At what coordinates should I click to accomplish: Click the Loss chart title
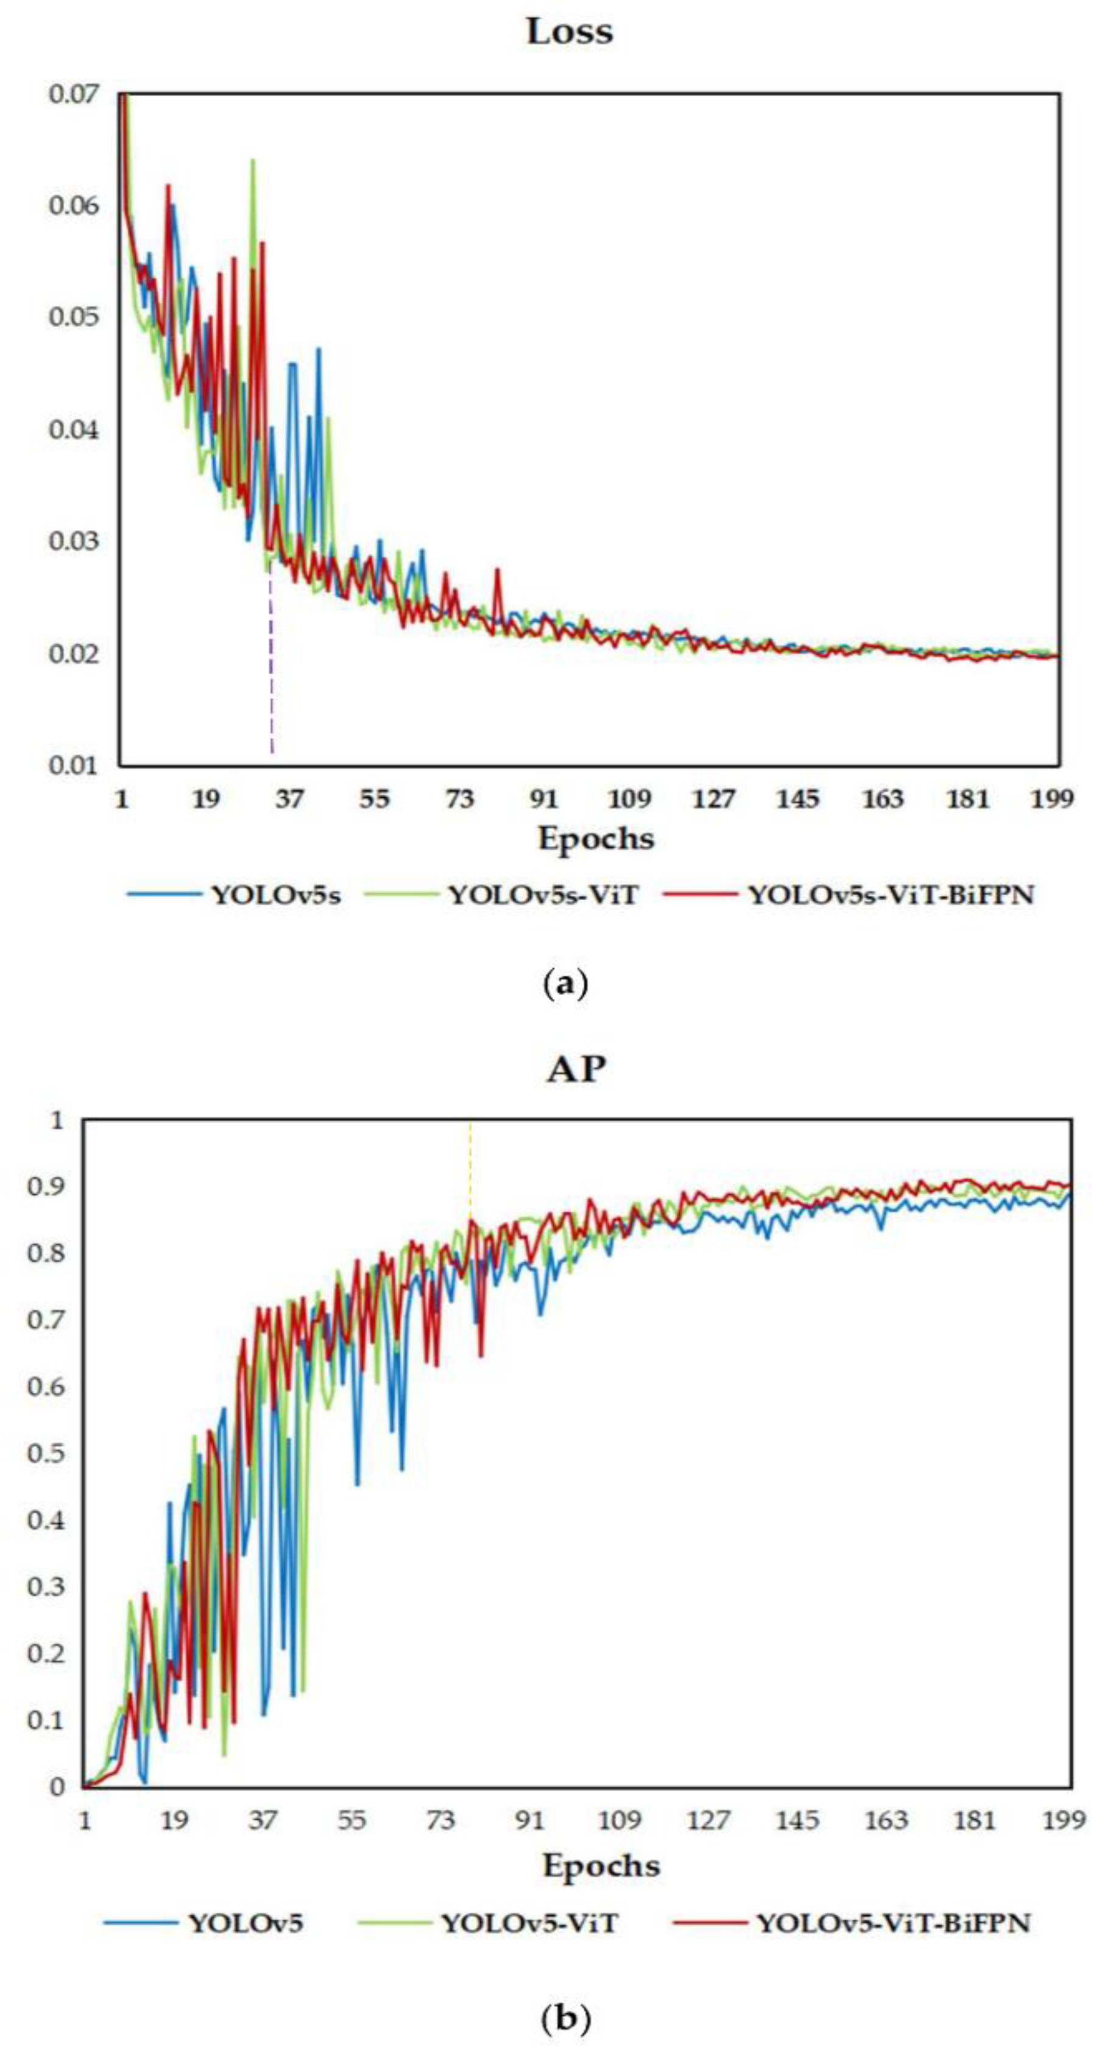[569, 32]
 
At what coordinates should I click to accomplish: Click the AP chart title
[576, 1069]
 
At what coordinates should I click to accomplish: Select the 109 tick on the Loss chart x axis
[629, 798]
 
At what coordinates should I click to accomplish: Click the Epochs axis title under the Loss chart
[596, 839]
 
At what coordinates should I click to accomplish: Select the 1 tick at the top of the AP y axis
[56, 1121]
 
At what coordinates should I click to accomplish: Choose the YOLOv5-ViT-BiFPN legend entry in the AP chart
[893, 1923]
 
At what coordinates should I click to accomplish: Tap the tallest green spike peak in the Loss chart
[253, 161]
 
